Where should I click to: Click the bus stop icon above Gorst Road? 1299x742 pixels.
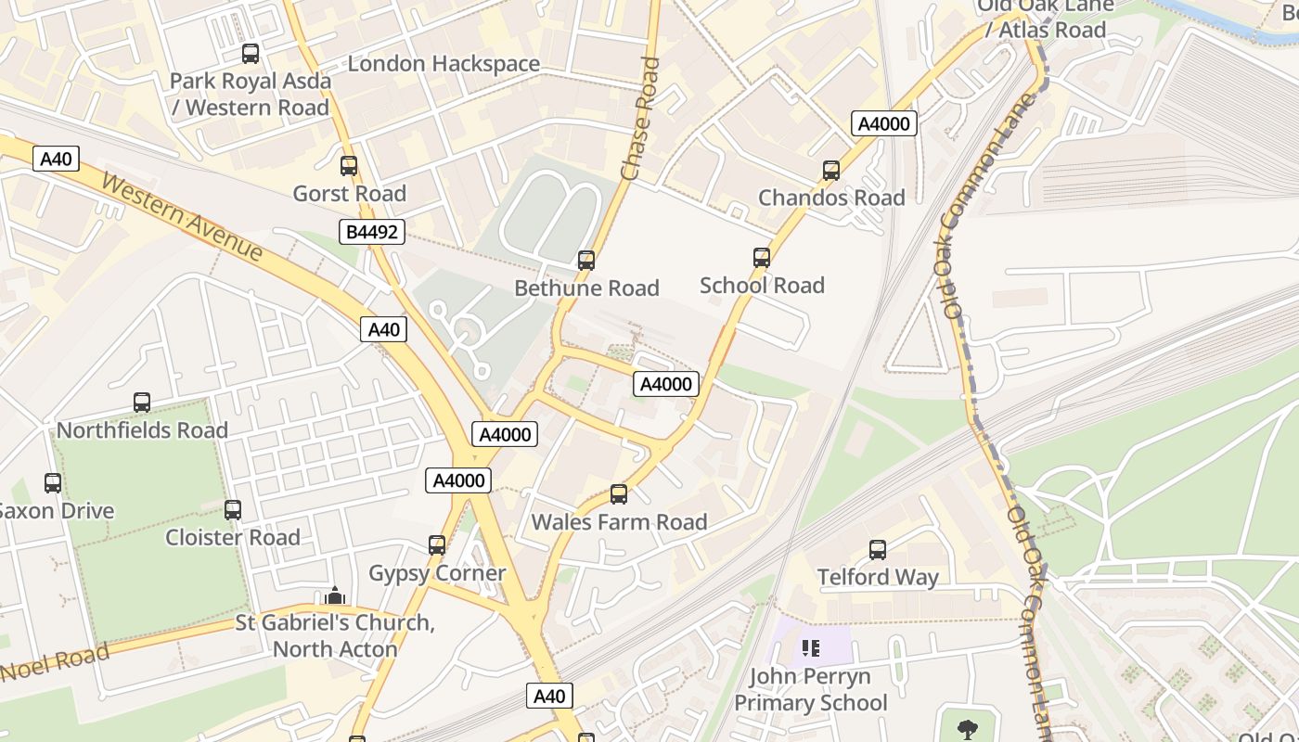[349, 166]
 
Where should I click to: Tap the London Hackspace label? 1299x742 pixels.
[444, 64]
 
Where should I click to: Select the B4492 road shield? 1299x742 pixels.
[372, 232]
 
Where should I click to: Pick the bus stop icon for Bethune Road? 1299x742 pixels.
[586, 261]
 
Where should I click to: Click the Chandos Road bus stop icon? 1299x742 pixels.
[831, 171]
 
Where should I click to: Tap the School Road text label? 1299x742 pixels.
[762, 286]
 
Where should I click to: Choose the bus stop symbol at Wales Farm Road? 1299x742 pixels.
[619, 494]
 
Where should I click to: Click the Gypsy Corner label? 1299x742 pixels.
[437, 573]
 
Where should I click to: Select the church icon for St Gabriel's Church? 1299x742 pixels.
[335, 595]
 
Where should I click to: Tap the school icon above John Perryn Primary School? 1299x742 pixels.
[811, 648]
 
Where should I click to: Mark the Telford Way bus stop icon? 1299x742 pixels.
[878, 549]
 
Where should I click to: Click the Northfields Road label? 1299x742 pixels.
[142, 430]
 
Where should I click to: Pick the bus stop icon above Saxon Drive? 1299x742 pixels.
[53, 483]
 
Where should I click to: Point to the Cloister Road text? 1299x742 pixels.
[233, 538]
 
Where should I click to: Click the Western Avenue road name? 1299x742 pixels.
[182, 216]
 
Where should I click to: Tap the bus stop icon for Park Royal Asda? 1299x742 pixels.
[251, 54]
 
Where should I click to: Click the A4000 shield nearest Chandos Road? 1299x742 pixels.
[884, 123]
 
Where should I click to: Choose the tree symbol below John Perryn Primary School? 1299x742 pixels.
[967, 730]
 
